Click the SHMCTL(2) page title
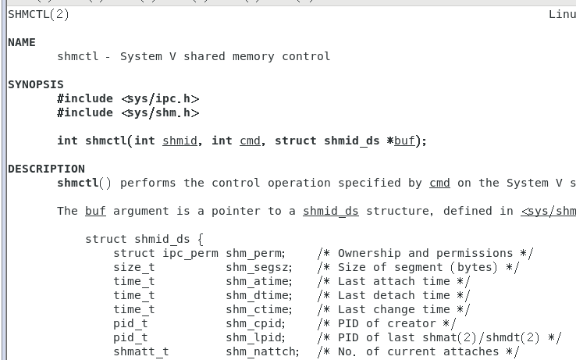[x=38, y=14]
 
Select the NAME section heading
[x=22, y=42]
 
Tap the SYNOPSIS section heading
[x=36, y=84]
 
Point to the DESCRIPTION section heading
[x=46, y=169]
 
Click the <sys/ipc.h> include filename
[x=160, y=98]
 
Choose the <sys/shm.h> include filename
[x=160, y=112]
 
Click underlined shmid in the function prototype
[x=180, y=141]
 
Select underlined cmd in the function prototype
[x=250, y=141]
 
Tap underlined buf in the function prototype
[x=404, y=141]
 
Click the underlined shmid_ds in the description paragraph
[x=330, y=211]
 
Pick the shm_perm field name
[x=255, y=253]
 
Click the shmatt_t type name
[x=140, y=351]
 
